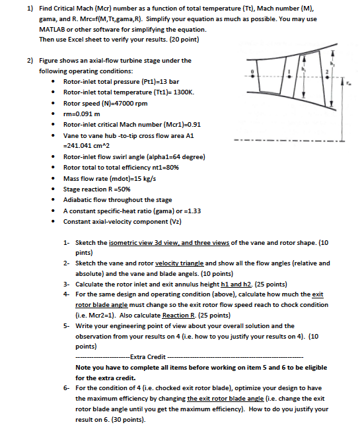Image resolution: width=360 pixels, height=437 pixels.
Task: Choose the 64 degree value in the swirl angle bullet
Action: pyautogui.click(x=186, y=157)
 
